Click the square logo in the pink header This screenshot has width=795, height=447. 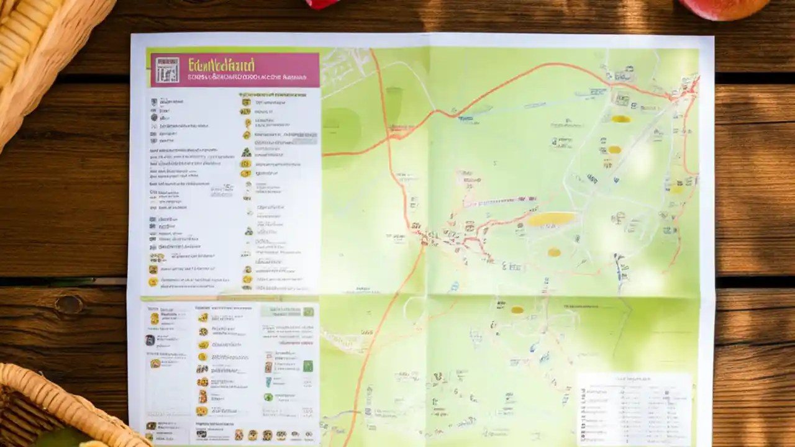[167, 70]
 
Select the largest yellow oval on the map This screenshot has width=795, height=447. [552, 219]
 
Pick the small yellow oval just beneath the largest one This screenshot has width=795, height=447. [554, 252]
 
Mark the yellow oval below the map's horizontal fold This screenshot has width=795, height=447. [517, 309]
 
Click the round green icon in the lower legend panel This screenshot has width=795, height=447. [268, 397]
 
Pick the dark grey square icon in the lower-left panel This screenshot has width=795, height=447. [150, 340]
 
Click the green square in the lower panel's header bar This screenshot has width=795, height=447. [308, 312]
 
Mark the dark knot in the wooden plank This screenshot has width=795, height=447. [68, 304]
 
